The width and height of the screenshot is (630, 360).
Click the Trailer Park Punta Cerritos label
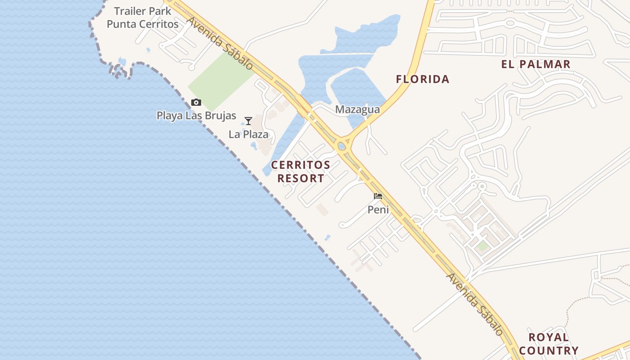click(143, 18)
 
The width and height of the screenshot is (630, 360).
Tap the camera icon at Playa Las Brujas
click(196, 103)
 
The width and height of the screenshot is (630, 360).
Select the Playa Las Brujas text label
click(196, 116)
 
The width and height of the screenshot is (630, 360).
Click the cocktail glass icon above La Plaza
click(248, 121)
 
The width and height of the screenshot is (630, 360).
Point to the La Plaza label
click(248, 134)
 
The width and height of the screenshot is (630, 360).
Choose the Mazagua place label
click(357, 109)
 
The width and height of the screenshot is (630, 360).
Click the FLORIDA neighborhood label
click(423, 79)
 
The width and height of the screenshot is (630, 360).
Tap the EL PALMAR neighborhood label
click(535, 64)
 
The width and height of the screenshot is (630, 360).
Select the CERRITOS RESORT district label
click(301, 171)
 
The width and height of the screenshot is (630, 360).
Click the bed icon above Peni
click(378, 196)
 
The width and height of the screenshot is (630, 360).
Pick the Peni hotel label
click(378, 209)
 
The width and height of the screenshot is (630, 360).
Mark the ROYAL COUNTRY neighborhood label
click(548, 344)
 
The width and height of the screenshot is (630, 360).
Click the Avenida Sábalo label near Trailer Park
click(220, 43)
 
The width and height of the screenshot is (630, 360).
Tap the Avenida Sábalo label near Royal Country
click(474, 304)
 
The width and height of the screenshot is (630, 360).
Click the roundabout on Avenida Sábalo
click(342, 146)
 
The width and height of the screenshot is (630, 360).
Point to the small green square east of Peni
click(482, 246)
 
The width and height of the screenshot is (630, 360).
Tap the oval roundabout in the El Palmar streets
click(510, 22)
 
